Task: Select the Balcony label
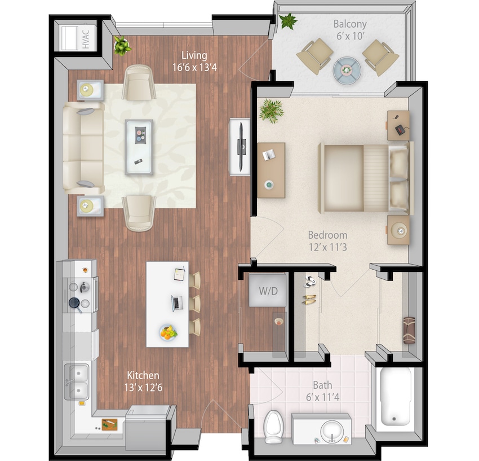click(x=349, y=29)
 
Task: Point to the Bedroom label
click(x=327, y=240)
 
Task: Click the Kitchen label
click(x=143, y=380)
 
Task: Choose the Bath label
click(x=322, y=390)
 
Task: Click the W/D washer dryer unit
click(x=264, y=291)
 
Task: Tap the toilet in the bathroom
click(x=273, y=426)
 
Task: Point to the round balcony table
click(x=345, y=70)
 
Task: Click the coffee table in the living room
click(x=139, y=147)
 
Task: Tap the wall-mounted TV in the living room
click(x=241, y=146)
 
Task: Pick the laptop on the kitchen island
click(x=177, y=303)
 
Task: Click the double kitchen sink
click(x=77, y=381)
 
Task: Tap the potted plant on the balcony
click(x=289, y=21)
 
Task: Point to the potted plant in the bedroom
click(x=272, y=111)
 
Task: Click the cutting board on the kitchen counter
click(x=109, y=424)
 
